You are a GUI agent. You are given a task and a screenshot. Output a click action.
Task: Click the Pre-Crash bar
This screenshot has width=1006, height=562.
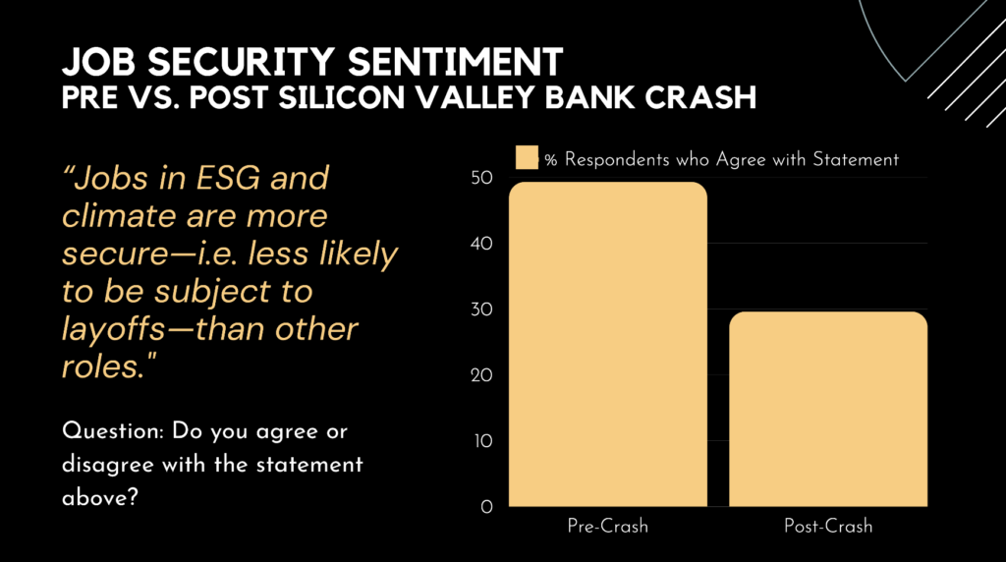click(608, 344)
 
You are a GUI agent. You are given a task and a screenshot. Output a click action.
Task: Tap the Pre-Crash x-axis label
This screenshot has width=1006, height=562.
click(608, 526)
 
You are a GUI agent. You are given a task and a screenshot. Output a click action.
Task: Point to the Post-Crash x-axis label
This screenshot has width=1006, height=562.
click(828, 526)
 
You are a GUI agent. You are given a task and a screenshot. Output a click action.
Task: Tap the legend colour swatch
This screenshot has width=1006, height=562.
click(528, 159)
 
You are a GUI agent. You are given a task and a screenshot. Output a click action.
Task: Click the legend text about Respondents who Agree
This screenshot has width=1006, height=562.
click(722, 159)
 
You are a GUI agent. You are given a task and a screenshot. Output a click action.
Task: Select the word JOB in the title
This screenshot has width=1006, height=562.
click(95, 62)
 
